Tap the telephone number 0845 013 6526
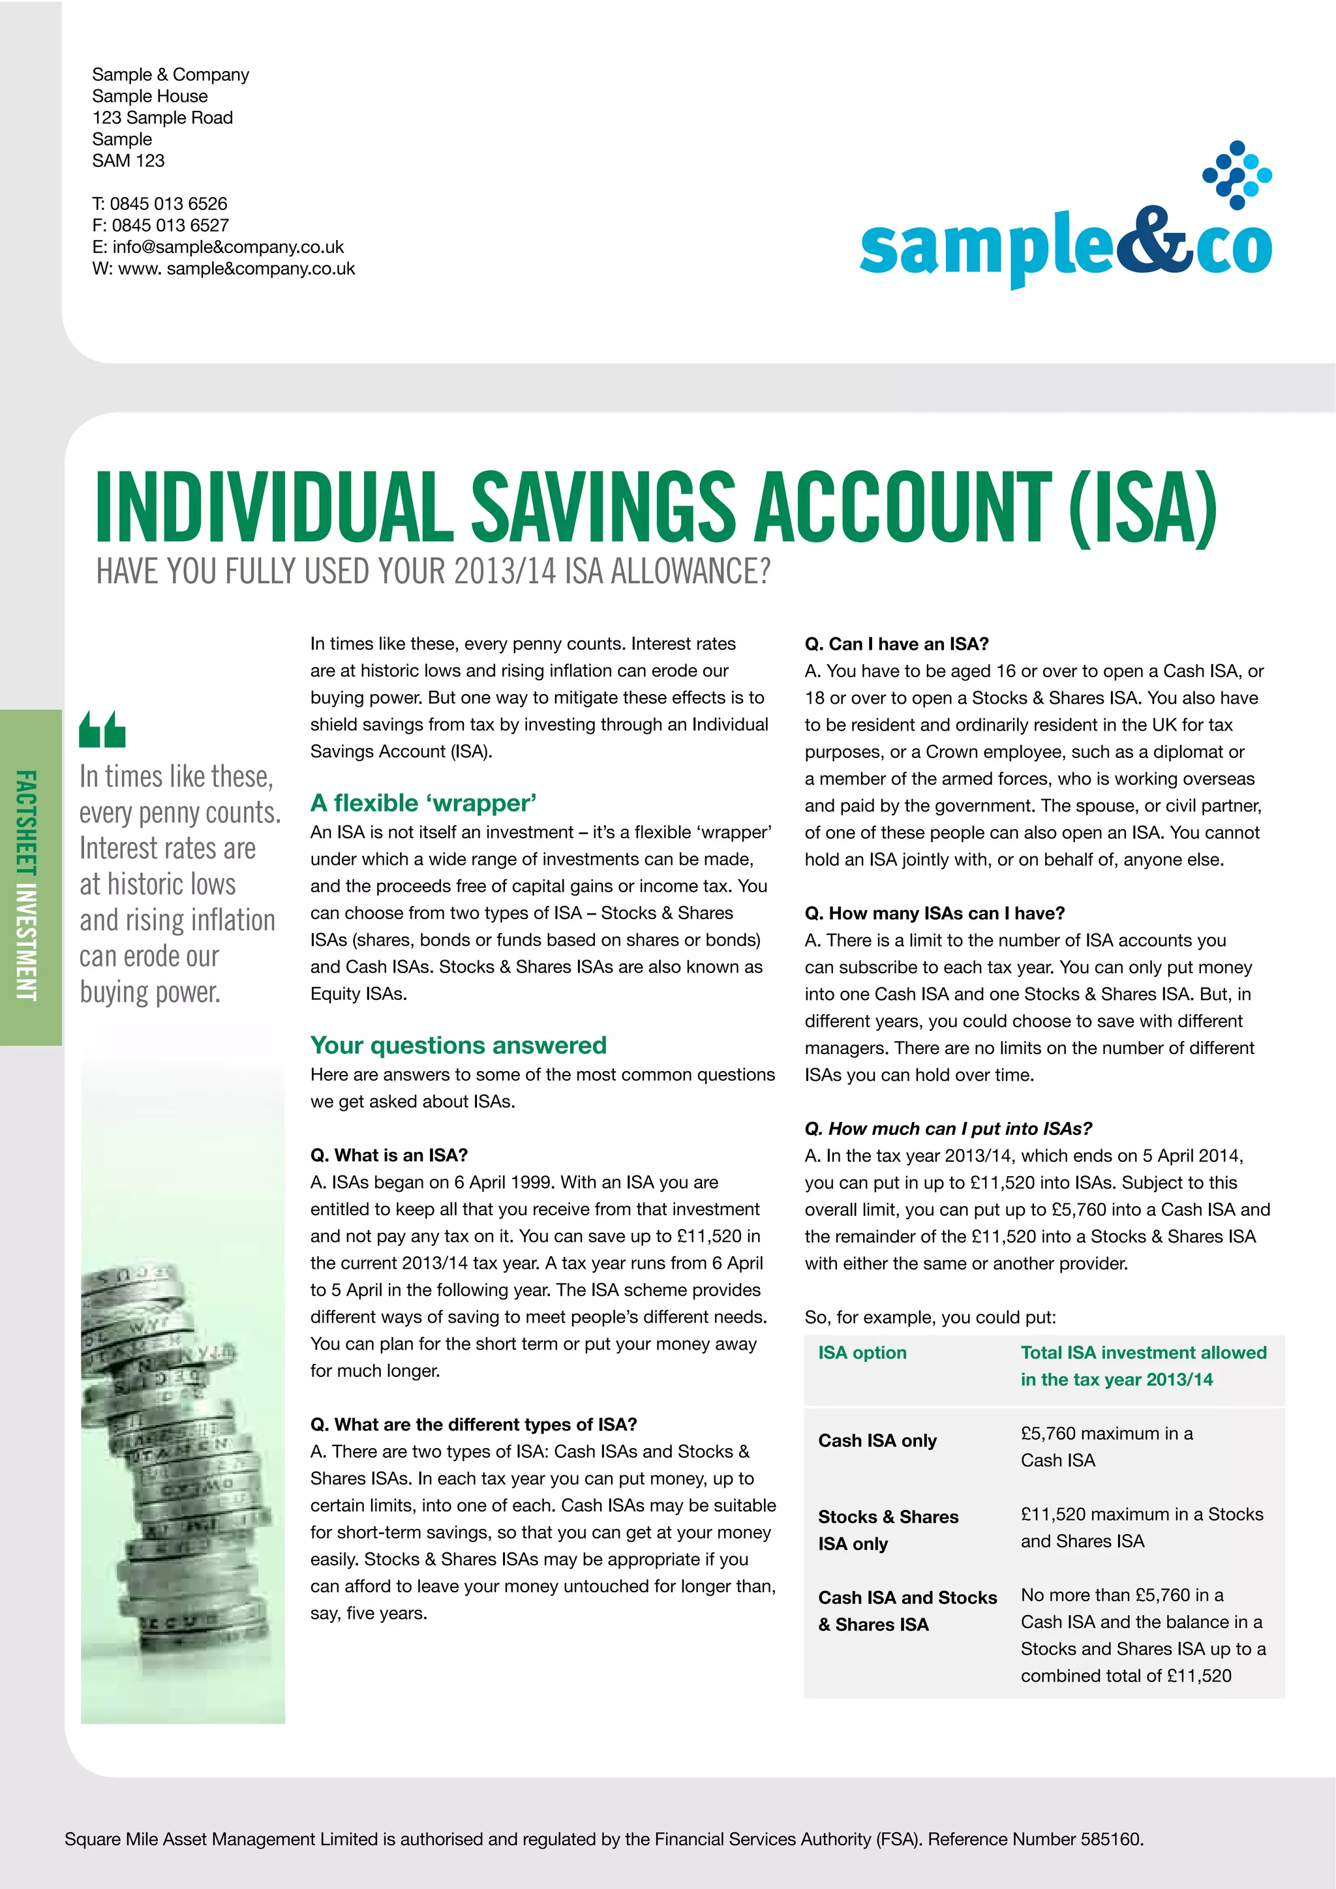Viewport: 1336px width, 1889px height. (169, 204)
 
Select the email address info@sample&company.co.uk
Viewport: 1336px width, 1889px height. (228, 247)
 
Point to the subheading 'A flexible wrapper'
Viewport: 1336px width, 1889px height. (423, 803)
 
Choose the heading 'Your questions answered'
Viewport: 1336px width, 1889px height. (458, 1045)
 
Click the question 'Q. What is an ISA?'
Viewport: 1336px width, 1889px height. (388, 1155)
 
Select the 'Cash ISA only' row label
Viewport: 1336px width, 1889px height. (877, 1441)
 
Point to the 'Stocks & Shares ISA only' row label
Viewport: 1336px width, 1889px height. (888, 1530)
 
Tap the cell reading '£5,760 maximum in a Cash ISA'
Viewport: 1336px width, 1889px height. (1106, 1446)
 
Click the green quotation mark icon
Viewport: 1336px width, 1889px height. (102, 729)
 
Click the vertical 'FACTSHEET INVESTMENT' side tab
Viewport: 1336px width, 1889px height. (28, 885)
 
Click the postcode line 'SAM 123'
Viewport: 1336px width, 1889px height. (129, 161)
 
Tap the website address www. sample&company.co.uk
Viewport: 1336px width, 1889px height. (236, 269)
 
